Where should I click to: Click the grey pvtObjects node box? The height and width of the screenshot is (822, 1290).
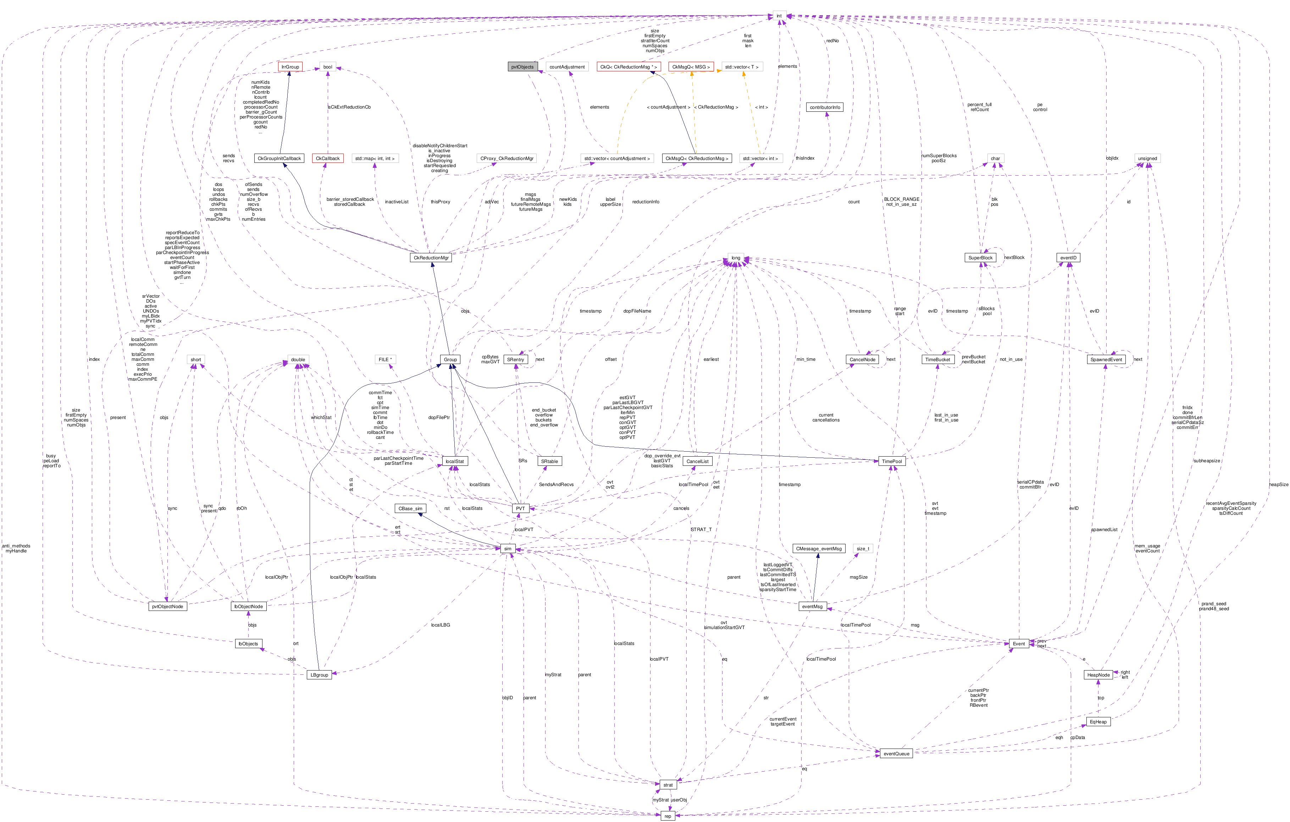tap(522, 67)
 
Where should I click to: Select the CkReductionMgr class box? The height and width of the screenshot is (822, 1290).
tap(431, 258)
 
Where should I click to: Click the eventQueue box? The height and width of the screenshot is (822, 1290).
tap(896, 754)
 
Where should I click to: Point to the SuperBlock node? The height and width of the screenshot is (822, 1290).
tap(980, 258)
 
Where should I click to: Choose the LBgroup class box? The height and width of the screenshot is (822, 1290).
tap(319, 675)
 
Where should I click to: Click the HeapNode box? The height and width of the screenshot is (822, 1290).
tap(1098, 675)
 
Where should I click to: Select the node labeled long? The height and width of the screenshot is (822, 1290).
tap(736, 258)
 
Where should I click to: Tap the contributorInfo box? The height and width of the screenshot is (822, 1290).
tap(825, 107)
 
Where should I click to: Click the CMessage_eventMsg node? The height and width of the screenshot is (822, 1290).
tap(819, 549)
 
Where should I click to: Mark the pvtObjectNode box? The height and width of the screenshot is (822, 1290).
tap(168, 607)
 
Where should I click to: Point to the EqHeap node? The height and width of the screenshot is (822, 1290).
tap(1098, 722)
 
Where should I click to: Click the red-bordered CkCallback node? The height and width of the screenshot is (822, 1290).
tap(327, 159)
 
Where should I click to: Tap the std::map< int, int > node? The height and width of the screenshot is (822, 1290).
tap(375, 159)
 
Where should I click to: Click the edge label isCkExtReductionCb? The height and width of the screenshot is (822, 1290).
tap(349, 107)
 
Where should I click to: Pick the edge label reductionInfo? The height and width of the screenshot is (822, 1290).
tap(646, 202)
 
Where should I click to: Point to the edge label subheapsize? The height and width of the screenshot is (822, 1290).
tap(1206, 461)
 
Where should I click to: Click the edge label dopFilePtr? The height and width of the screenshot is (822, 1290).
tap(439, 418)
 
